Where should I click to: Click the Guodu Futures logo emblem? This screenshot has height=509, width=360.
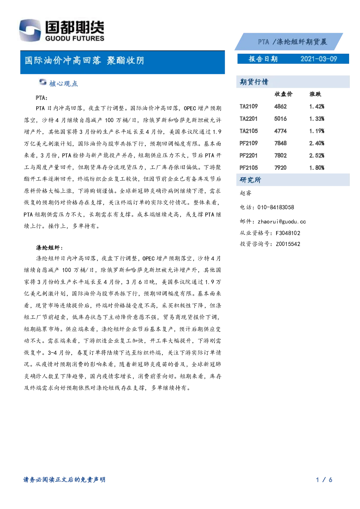pyautogui.click(x=30, y=30)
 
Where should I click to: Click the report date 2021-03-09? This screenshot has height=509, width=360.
pyautogui.click(x=319, y=59)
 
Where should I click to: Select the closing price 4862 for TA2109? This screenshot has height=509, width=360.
pyautogui.click(x=280, y=106)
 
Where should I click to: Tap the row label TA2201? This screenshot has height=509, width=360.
pyautogui.click(x=249, y=119)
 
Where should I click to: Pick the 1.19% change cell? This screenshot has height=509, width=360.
pyautogui.click(x=316, y=131)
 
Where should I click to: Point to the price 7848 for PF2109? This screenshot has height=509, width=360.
pyautogui.click(x=280, y=143)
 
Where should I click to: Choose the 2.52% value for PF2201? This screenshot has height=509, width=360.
pyautogui.click(x=316, y=155)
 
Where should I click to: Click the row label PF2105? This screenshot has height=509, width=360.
pyautogui.click(x=249, y=168)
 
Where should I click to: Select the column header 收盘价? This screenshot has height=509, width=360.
pyautogui.click(x=283, y=94)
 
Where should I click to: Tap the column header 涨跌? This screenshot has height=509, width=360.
pyautogui.click(x=315, y=94)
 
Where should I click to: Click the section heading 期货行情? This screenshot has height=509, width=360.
pyautogui.click(x=254, y=82)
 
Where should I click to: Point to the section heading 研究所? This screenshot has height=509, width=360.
pyautogui.click(x=250, y=180)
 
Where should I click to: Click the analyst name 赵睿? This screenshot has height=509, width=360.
pyautogui.click(x=245, y=193)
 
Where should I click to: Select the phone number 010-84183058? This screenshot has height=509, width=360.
pyautogui.click(x=275, y=207)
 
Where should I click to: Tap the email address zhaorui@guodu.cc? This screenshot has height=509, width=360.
pyautogui.click(x=282, y=222)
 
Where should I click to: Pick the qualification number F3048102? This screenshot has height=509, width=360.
pyautogui.click(x=288, y=233)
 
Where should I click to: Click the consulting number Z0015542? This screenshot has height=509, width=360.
pyautogui.click(x=288, y=244)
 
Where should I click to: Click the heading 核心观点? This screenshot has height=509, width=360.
pyautogui.click(x=64, y=84)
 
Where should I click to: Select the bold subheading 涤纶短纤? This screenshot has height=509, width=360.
pyautogui.click(x=49, y=248)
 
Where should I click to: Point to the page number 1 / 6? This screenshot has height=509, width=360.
pyautogui.click(x=324, y=480)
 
